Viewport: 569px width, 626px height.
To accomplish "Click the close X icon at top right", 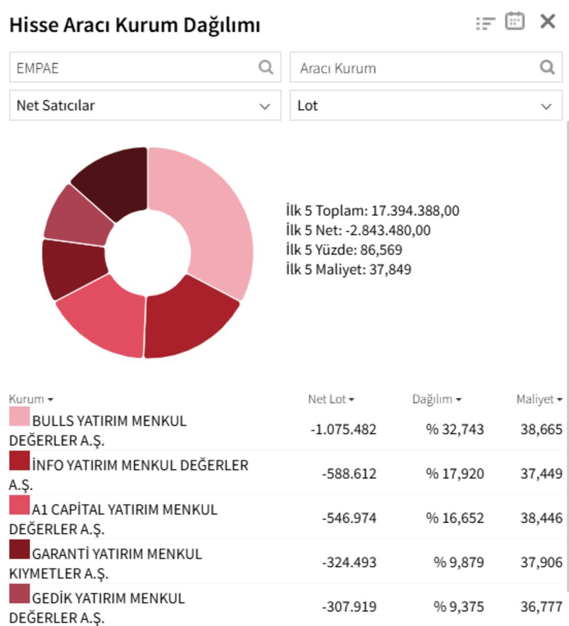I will click(x=548, y=22).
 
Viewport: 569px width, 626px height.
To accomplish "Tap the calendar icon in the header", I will click(x=514, y=22).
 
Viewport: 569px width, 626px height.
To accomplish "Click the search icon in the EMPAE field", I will click(x=266, y=67).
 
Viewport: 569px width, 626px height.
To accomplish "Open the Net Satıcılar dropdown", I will click(x=145, y=105).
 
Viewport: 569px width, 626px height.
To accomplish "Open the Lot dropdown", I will click(x=426, y=105).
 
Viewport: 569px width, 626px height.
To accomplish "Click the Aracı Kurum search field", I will click(x=416, y=67).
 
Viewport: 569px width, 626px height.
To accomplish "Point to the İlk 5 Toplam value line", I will click(x=372, y=211).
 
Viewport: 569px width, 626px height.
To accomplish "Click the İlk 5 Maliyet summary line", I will click(x=348, y=269).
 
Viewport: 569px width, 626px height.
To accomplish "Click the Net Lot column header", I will click(x=331, y=399).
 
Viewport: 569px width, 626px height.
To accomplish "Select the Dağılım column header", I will click(x=436, y=399).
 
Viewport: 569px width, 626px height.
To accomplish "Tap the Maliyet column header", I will click(x=538, y=399).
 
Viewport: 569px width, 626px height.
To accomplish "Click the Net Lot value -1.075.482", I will click(x=344, y=429).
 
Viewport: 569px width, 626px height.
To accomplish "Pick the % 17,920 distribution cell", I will click(x=455, y=474).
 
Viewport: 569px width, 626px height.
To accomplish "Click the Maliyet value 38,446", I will click(x=541, y=518).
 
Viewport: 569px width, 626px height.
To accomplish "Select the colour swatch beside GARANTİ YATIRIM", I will click(x=19, y=550).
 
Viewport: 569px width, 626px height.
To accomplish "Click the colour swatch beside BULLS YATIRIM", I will click(x=19, y=416).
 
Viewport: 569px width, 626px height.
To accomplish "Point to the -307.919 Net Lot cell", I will click(x=349, y=607).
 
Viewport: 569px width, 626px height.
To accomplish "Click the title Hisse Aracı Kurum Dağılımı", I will click(x=135, y=25).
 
